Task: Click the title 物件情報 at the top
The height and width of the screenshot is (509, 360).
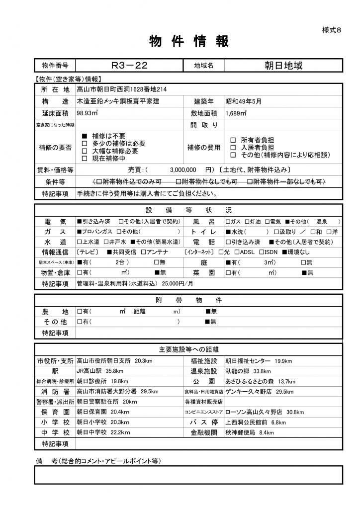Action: [x=189, y=42]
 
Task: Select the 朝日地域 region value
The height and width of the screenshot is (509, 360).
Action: [x=282, y=66]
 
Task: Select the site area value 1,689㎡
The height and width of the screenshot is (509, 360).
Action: [x=236, y=113]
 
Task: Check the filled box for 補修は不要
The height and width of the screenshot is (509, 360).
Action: [x=84, y=136]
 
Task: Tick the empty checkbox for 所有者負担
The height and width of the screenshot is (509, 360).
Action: [x=233, y=140]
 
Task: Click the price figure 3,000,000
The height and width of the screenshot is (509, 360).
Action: [x=183, y=169]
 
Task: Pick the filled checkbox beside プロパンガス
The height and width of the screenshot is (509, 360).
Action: [x=79, y=232]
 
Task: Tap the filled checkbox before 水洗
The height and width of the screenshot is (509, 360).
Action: [x=228, y=232]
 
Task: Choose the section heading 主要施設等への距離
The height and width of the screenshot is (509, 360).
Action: [x=188, y=349]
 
